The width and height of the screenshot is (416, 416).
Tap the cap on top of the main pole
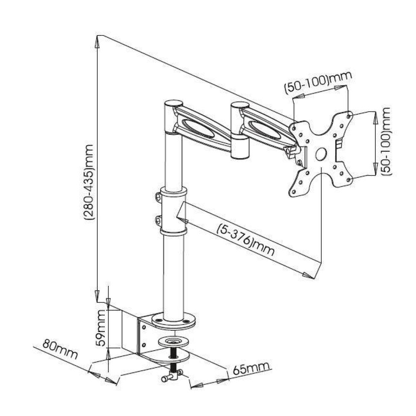(x=174, y=103)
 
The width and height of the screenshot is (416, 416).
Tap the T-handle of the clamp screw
(x=171, y=377)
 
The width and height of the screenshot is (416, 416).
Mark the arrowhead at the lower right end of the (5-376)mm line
(x=307, y=274)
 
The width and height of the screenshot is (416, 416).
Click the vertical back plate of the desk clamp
(x=141, y=335)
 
